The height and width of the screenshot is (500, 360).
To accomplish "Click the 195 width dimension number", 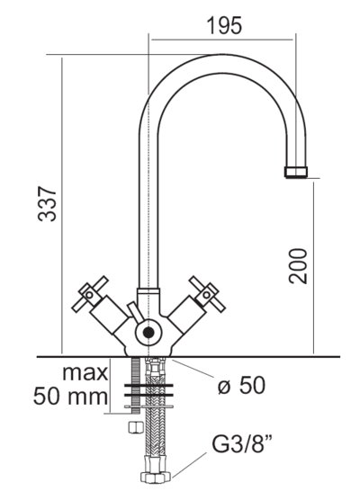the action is click(224, 25).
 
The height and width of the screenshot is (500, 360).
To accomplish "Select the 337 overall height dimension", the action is click(47, 204).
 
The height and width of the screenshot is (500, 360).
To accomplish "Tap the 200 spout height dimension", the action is click(297, 266).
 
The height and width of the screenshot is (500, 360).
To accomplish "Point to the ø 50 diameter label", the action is click(241, 385).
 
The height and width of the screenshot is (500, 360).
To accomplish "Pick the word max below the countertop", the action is click(85, 373).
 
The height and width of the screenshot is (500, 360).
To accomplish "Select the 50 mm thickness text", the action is click(70, 397).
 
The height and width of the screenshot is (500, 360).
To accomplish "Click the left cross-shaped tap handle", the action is click(90, 294).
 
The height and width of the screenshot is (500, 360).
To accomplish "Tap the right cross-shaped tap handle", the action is click(207, 294).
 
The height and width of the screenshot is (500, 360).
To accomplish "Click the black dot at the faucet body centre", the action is click(148, 333).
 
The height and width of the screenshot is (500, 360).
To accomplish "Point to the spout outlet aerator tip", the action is click(296, 172).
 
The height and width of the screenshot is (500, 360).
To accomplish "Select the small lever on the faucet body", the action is click(135, 313).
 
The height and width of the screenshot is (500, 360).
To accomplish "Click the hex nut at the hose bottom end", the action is click(156, 477).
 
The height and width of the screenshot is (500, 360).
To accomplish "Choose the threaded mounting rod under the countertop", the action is click(136, 385).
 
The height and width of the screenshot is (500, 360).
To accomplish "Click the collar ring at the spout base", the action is click(148, 291).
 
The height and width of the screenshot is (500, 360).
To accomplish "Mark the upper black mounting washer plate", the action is click(149, 385).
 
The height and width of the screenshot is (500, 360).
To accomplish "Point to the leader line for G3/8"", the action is click(189, 465).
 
